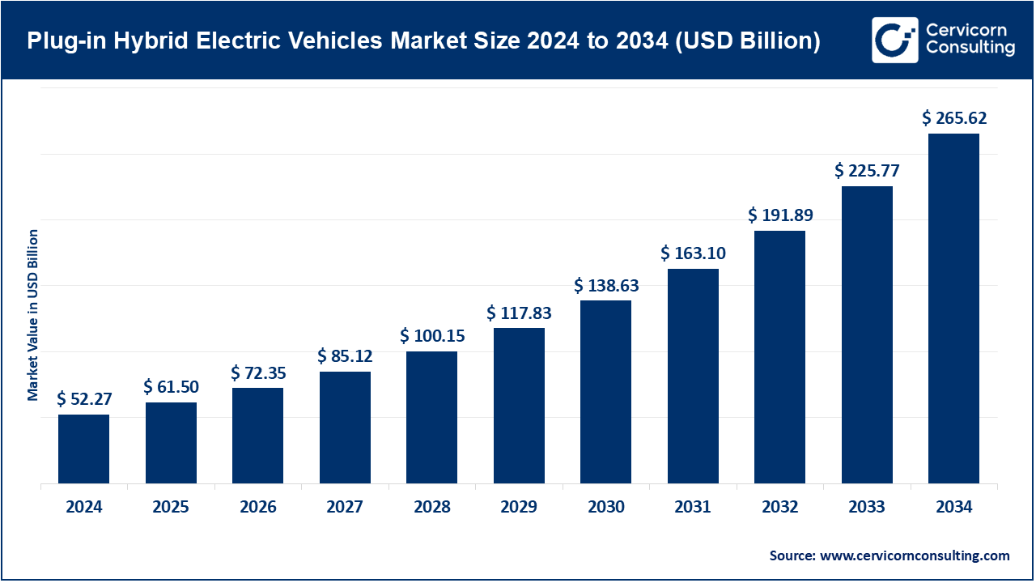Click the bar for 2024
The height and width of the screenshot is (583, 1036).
[x=83, y=449]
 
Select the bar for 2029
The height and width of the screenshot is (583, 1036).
[x=519, y=406]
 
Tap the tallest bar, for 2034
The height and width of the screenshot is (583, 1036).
[x=953, y=309]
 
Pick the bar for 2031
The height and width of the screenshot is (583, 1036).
[x=693, y=377]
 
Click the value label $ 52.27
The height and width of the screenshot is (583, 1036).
[x=83, y=398]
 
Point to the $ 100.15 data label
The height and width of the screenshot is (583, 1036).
[x=431, y=335]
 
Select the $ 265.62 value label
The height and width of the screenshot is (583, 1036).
[x=954, y=118]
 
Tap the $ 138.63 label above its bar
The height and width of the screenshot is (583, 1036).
[x=606, y=285]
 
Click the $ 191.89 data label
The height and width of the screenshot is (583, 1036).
[x=780, y=215]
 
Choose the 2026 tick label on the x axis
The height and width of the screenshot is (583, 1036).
[x=257, y=508]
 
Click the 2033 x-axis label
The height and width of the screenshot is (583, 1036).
[x=867, y=508]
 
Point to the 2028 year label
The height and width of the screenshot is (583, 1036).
[x=431, y=508]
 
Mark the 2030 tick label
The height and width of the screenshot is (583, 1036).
[x=606, y=508]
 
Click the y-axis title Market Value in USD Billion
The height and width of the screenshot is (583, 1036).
[x=33, y=314]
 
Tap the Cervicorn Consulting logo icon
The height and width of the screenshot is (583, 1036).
[x=894, y=40]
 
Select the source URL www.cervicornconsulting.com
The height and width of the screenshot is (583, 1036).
[x=915, y=555]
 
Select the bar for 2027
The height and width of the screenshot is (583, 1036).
[x=345, y=428]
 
